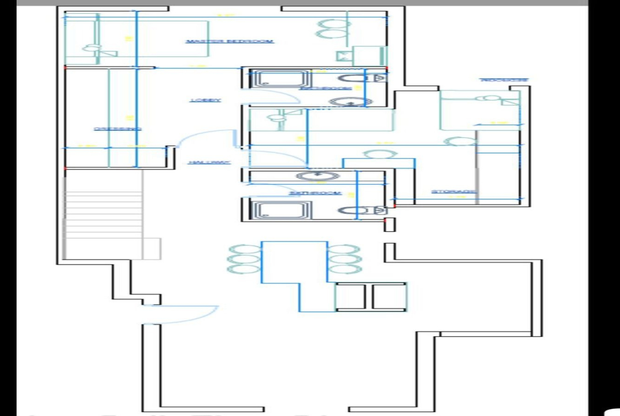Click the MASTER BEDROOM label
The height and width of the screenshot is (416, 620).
point(229,41)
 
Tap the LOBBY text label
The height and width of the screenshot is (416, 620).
point(205,100)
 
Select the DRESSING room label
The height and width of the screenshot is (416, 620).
point(118,129)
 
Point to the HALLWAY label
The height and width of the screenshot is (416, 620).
point(209,162)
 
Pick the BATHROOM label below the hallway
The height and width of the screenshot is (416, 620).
point(314,193)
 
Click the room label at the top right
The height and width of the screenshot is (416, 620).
point(504,80)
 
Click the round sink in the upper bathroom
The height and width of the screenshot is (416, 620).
point(349,101)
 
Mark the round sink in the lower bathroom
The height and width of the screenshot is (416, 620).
point(317,175)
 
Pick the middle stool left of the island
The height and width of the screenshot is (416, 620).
point(243,259)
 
